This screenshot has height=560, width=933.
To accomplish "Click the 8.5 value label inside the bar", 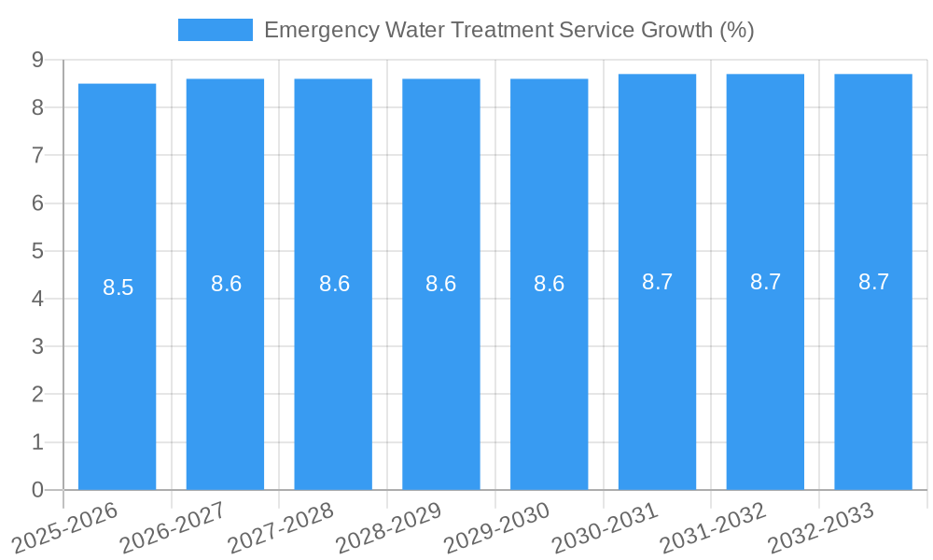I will [x=118, y=287].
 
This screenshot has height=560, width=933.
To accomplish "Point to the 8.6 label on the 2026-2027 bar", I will [x=226, y=284].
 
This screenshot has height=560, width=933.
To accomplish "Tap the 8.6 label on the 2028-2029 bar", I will [x=440, y=284].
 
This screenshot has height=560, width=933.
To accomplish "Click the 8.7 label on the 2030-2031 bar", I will [x=657, y=282].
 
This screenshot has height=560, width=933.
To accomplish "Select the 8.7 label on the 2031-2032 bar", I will [x=765, y=282].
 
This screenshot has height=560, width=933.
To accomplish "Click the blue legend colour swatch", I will [x=215, y=30].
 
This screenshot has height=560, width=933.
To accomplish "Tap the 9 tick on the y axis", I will [x=38, y=60].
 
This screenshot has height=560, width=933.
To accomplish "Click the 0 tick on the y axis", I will [x=38, y=490].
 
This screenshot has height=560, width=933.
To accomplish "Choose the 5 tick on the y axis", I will [x=38, y=251].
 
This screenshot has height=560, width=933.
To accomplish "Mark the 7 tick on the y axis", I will [x=38, y=155].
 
